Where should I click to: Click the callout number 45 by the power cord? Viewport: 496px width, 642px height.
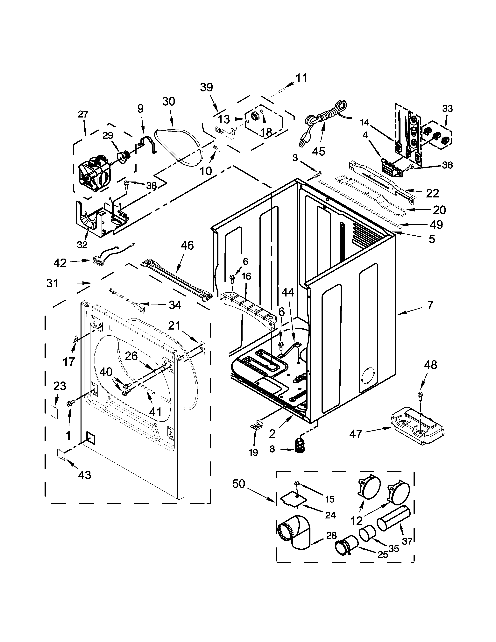pyautogui.click(x=319, y=151)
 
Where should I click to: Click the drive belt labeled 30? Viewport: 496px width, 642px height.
pyautogui.click(x=180, y=147)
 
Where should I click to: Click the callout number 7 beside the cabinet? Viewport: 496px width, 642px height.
pyautogui.click(x=430, y=305)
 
